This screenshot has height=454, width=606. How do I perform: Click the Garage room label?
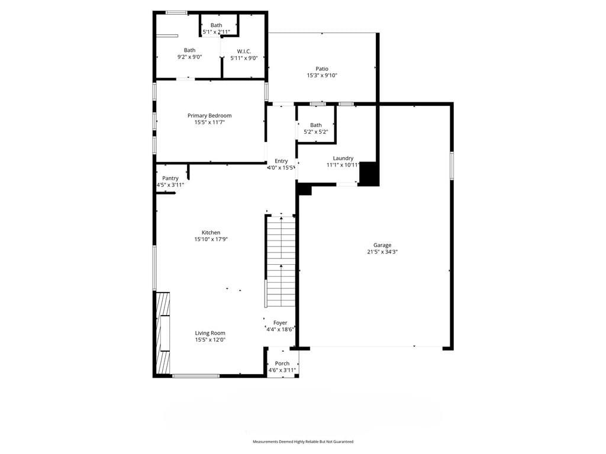382,245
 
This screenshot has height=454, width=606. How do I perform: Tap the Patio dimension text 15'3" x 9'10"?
322,76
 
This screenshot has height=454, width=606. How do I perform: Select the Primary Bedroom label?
209,115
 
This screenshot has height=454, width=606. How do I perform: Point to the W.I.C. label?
244,51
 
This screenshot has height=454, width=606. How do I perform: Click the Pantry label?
170,179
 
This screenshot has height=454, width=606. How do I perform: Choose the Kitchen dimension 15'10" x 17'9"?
211,239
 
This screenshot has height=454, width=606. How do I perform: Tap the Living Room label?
210,333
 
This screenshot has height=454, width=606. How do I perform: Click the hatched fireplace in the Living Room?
163,333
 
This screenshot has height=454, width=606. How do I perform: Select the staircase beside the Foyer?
280,261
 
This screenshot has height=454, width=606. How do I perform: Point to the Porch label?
282,364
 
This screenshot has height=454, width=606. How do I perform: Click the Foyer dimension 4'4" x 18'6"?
281,329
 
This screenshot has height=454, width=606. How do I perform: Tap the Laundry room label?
343,158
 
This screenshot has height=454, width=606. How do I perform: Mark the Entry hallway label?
281,161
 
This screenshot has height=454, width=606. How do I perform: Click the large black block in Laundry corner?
369,174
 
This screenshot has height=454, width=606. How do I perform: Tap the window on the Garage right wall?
452,166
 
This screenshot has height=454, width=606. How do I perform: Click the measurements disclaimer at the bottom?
303,442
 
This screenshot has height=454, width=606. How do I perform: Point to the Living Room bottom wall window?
195,375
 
